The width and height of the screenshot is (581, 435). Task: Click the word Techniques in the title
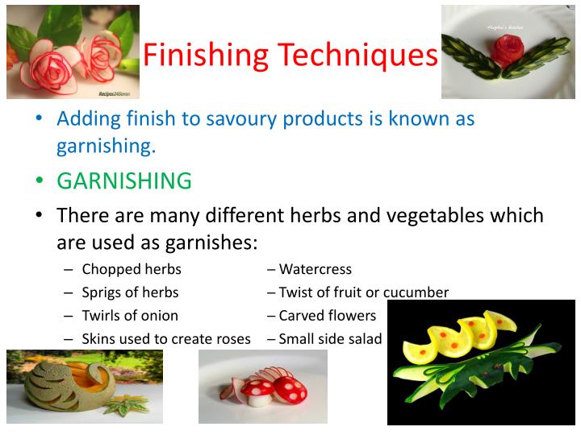click(x=358, y=56)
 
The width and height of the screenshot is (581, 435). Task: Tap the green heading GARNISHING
click(x=123, y=180)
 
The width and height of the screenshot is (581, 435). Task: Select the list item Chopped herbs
click(x=132, y=269)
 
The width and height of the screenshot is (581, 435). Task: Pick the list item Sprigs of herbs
click(x=130, y=292)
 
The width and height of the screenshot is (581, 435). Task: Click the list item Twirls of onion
click(x=130, y=316)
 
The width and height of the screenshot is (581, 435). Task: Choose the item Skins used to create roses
click(x=166, y=339)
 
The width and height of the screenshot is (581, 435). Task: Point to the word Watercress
click(x=315, y=269)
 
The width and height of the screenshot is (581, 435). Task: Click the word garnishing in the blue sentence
click(x=105, y=146)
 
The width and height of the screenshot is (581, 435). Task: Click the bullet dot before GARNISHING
click(x=38, y=180)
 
